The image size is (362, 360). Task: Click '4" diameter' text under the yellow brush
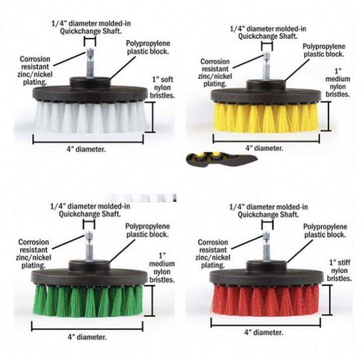point(264,148)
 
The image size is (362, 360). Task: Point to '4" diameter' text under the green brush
point(88,336)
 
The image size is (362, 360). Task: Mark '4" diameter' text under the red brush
point(263,332)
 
